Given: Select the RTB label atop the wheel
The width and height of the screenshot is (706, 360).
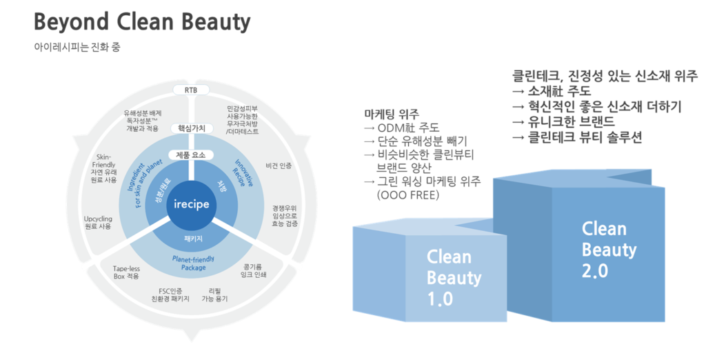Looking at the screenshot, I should [x=190, y=90].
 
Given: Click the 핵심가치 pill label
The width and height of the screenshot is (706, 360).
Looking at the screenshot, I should [x=190, y=128].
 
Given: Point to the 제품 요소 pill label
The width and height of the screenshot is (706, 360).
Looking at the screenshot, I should [x=190, y=155].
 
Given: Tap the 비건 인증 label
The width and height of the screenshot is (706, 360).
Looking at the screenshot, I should [x=279, y=166].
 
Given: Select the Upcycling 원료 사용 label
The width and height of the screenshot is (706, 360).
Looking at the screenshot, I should [x=97, y=223].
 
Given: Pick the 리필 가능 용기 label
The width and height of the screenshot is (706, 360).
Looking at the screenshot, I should [x=214, y=294].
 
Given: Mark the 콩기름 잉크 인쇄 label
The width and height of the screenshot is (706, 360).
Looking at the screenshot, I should [x=254, y=270].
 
